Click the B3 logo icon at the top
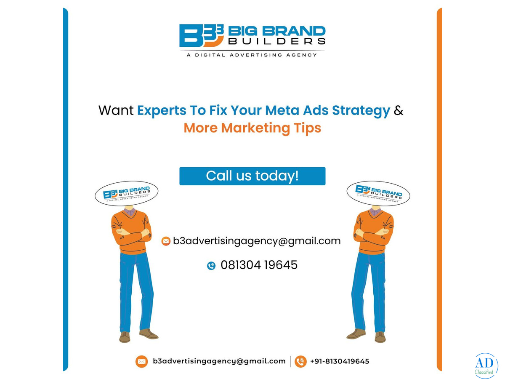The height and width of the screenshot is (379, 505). [201, 35]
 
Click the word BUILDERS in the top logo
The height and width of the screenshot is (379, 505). [277, 41]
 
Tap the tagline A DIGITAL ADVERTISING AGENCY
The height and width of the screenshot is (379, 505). [252, 55]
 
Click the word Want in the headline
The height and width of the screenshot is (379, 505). [116, 110]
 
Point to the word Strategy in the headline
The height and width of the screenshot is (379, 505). [361, 111]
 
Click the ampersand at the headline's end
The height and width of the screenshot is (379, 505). [398, 110]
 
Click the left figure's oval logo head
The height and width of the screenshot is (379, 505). [127, 193]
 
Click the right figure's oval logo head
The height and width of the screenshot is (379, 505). [378, 193]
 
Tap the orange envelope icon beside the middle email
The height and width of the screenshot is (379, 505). [166, 241]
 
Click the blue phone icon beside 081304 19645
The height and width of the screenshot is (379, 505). [211, 266]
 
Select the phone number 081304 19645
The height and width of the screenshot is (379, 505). [259, 265]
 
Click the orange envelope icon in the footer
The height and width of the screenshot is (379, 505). [141, 361]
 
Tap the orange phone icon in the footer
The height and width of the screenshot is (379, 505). [300, 361]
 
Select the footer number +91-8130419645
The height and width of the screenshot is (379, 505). [340, 361]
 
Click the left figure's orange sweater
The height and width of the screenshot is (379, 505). [131, 232]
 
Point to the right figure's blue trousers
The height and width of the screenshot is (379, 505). [369, 292]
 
